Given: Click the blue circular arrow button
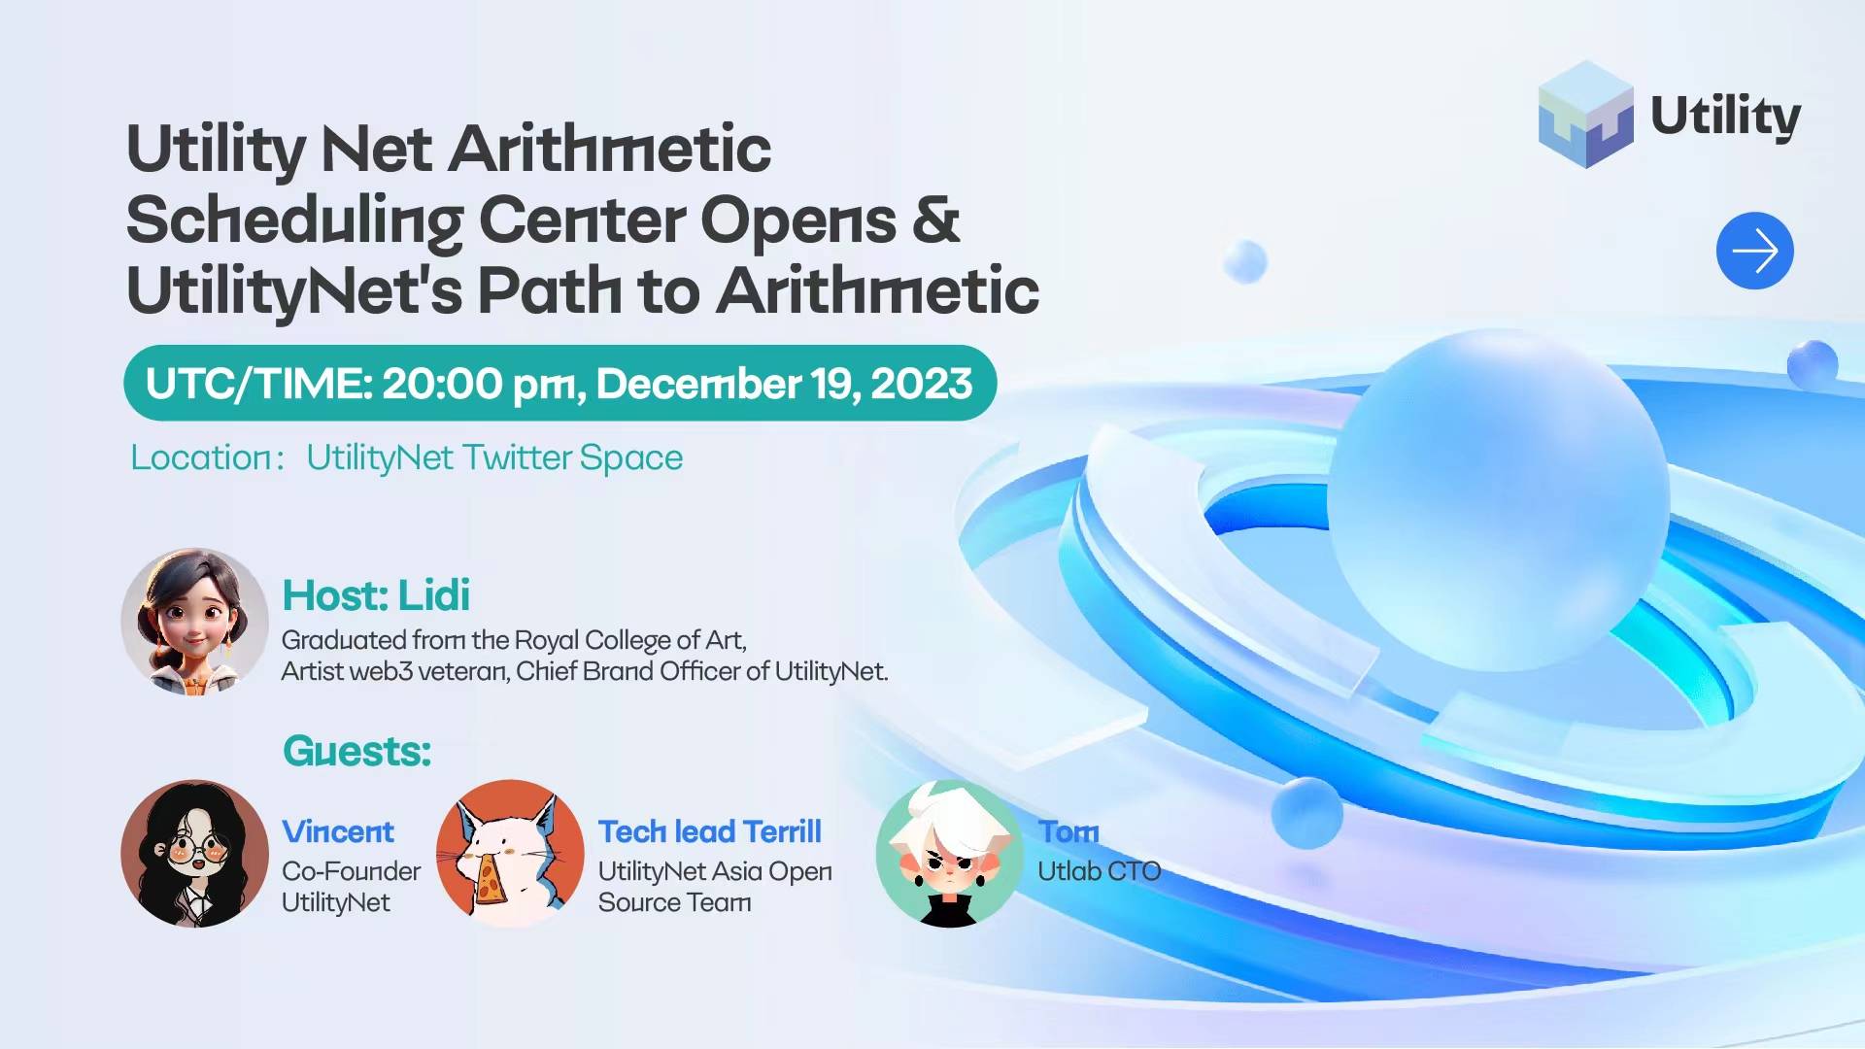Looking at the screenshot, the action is point(1754,251).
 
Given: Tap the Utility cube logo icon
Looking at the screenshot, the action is point(1586,115).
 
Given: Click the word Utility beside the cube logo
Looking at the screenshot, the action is point(1725,117).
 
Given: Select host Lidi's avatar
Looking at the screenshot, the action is point(194,622).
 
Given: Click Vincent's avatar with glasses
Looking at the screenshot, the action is point(194,854).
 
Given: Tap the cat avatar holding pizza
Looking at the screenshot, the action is point(510,854).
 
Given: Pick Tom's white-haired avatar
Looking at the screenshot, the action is point(949,854).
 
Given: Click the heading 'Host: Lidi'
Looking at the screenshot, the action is point(376,595).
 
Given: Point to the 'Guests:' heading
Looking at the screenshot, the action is point(356,751).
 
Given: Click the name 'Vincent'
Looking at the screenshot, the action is point(338,831).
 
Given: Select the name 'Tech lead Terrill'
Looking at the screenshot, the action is point(709,831).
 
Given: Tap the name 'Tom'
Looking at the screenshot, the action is point(1068,831).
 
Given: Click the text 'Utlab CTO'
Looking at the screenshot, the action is point(1099,871).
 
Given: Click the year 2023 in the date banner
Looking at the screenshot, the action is point(921,384).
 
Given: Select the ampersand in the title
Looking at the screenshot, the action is point(936,220).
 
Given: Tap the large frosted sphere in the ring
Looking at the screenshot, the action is point(1498,500).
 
